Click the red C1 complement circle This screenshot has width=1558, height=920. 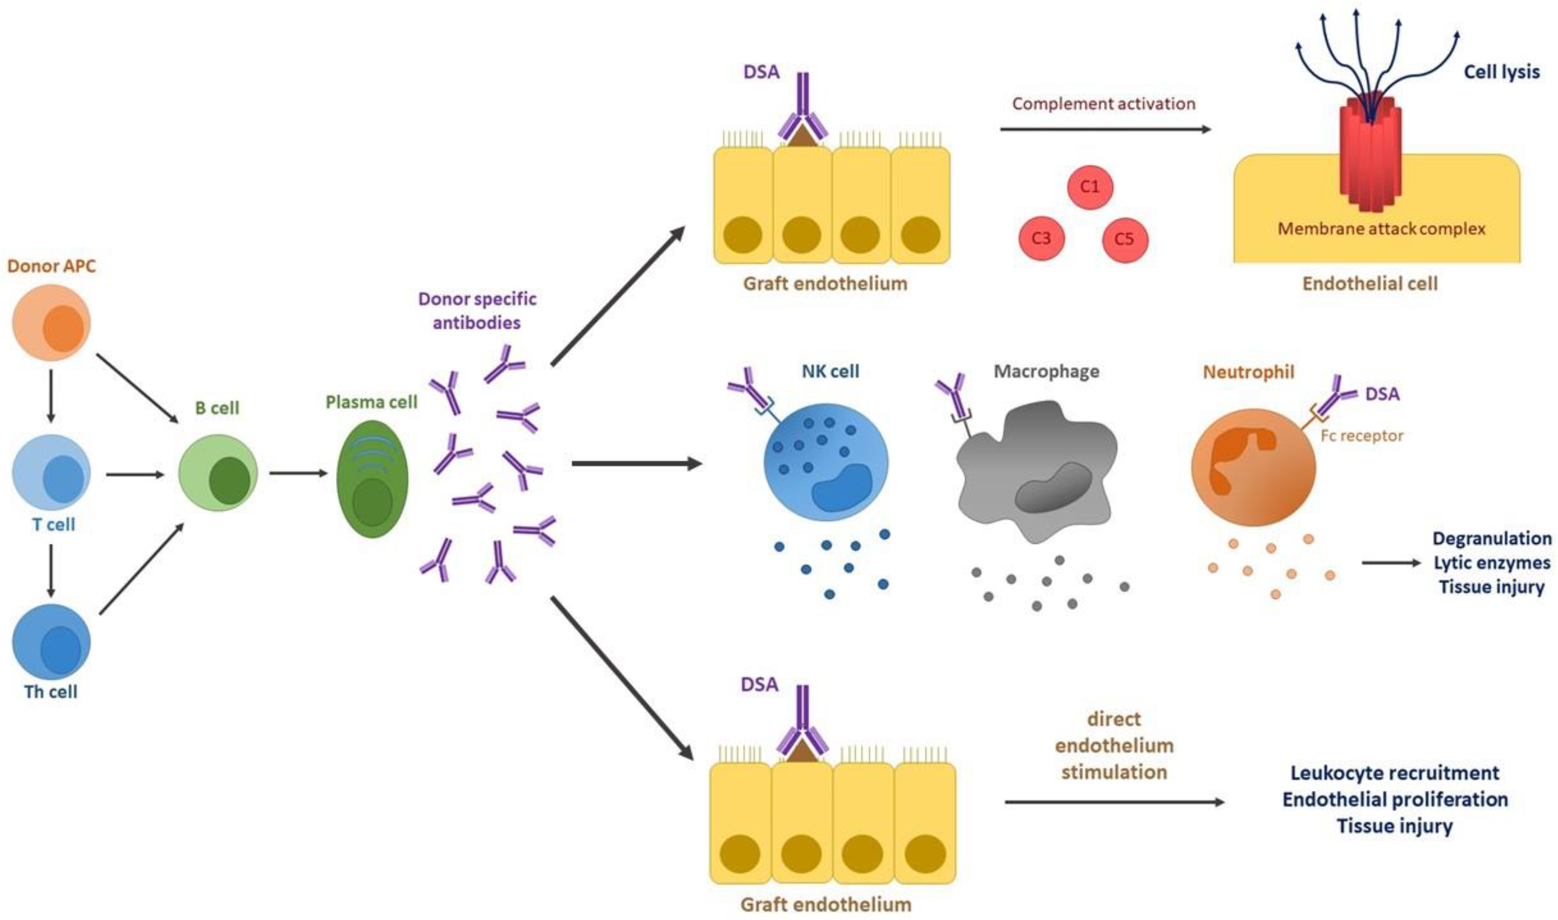tap(1090, 187)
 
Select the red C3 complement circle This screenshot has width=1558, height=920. tap(1041, 239)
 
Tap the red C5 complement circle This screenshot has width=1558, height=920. tap(1125, 239)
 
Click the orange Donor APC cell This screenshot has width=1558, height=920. tap(52, 322)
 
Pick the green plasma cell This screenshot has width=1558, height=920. tap(372, 479)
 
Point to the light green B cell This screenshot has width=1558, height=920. tap(218, 473)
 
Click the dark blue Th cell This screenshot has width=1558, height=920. tap(52, 642)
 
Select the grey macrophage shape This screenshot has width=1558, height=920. tap(1036, 471)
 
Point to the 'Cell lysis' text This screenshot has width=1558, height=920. tap(1501, 72)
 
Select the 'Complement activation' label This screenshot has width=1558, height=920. tap(1104, 103)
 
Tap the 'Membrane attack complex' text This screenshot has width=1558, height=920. tap(1381, 229)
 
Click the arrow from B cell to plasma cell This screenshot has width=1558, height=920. tap(298, 474)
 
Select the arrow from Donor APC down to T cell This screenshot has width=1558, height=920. tap(52, 396)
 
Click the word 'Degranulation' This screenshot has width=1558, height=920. tap(1492, 538)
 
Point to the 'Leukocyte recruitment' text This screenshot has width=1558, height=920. tap(1394, 773)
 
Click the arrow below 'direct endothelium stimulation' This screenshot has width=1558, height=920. tap(1114, 802)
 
